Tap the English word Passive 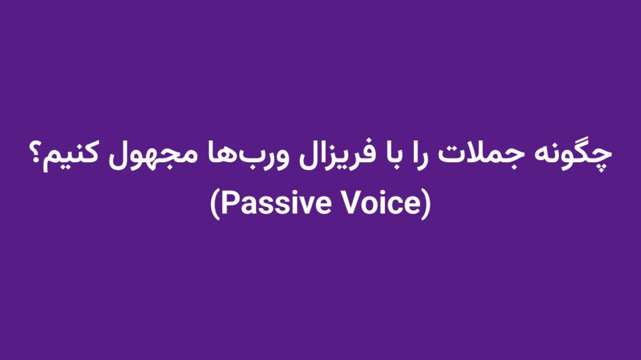(270, 203)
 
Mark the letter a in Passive (245, 206)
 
